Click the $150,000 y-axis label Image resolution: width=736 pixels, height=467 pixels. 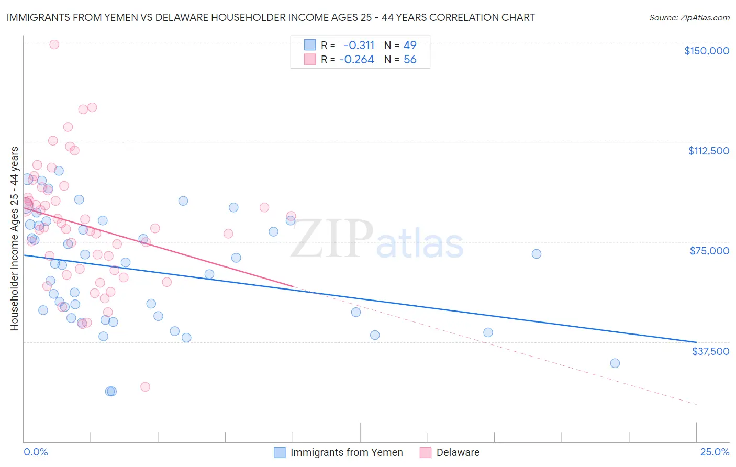click(706, 51)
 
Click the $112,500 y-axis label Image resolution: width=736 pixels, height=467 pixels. click(708, 151)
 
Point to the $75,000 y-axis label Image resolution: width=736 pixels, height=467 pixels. click(709, 251)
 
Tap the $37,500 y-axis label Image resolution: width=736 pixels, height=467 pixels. click(710, 351)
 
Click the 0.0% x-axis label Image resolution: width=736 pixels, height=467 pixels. click(36, 452)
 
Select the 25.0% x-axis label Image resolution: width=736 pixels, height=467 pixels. click(715, 452)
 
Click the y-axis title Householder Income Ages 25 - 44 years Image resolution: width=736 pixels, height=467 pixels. click(14, 239)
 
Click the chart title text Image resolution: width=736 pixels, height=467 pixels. click(271, 17)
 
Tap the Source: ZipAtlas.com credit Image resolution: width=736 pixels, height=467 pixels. click(689, 17)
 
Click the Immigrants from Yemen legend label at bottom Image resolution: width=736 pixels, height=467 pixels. click(347, 452)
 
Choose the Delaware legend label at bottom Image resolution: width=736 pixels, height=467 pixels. click(458, 452)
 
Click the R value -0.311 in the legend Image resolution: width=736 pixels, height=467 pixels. click(359, 45)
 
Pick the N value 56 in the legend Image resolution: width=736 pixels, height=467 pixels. click(410, 60)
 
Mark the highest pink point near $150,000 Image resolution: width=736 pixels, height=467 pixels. click(54, 45)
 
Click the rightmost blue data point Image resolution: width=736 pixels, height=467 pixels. click(615, 363)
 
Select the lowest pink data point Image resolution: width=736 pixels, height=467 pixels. click(145, 387)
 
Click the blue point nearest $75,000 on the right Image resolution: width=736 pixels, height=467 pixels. click(537, 254)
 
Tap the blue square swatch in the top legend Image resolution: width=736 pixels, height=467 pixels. click(310, 45)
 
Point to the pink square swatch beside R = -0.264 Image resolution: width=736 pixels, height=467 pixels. click(310, 60)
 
